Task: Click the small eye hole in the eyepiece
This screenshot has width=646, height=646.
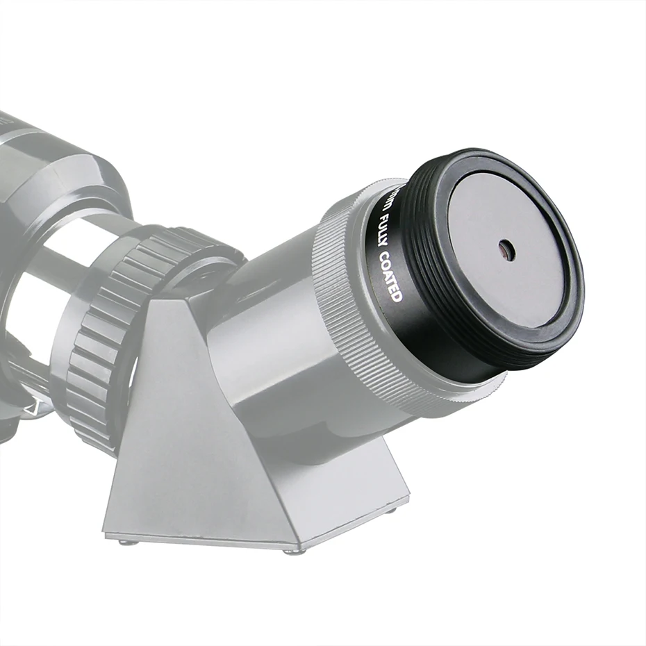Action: pos(506,250)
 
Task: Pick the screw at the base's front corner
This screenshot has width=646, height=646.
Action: pos(292,552)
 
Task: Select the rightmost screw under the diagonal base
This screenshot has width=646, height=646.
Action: pos(394,511)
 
